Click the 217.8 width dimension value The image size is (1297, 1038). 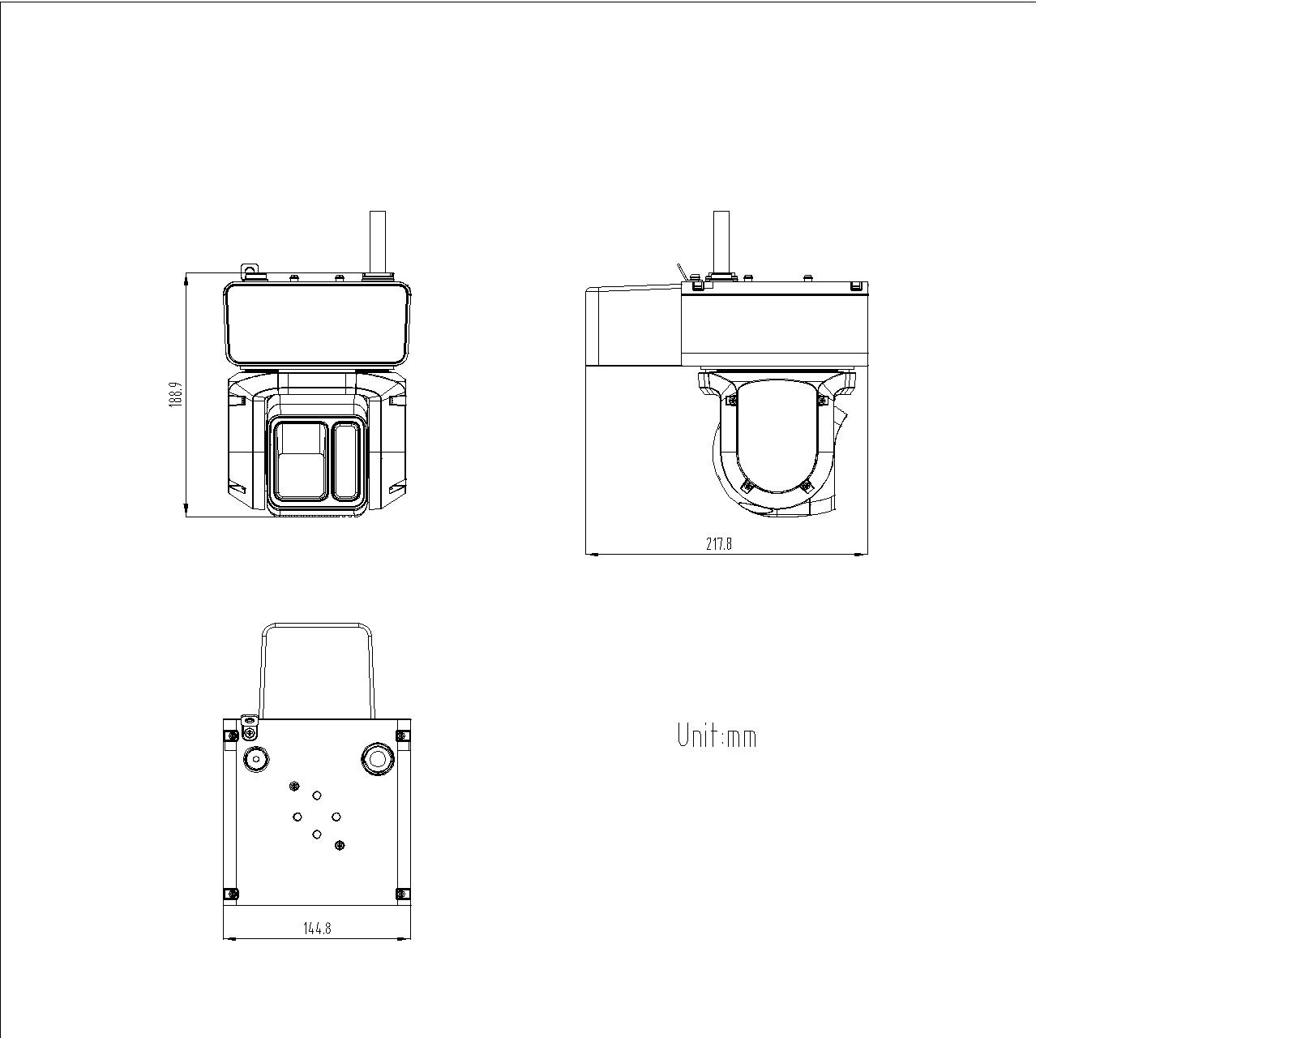(x=718, y=544)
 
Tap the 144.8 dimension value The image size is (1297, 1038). (x=317, y=929)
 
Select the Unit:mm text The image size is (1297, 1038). (x=717, y=736)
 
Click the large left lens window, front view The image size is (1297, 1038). (x=301, y=460)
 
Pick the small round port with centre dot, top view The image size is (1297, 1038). (x=256, y=760)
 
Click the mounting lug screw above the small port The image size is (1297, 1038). (x=250, y=720)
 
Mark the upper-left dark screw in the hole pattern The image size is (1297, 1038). (x=293, y=785)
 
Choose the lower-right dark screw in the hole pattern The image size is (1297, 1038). (x=340, y=846)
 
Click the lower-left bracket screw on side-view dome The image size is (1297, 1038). (x=747, y=487)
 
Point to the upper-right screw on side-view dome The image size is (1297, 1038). (x=822, y=399)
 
